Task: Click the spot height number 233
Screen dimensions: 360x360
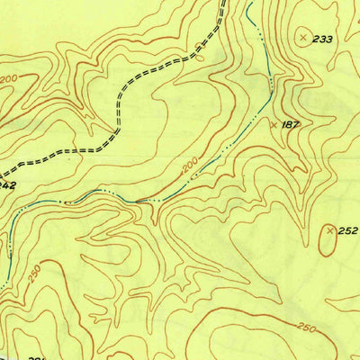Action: [x=323, y=39]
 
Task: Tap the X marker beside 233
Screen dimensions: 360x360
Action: [x=303, y=37]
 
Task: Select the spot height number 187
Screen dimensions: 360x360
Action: [x=290, y=124]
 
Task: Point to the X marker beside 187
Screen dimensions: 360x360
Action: [x=274, y=125]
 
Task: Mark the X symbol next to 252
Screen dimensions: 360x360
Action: [x=329, y=231]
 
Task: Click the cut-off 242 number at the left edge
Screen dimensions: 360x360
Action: [x=6, y=185]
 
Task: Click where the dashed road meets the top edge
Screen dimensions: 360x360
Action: [x=222, y=2]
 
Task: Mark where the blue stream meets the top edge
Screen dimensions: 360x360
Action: [x=247, y=2]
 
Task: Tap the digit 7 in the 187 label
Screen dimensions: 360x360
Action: [x=295, y=124]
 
